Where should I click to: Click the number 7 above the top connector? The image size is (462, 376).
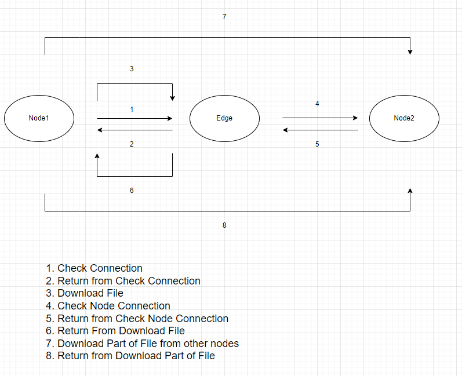pyautogui.click(x=224, y=16)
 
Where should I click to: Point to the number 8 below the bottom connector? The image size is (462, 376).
pyautogui.click(x=224, y=225)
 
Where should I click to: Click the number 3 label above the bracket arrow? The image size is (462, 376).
pyautogui.click(x=132, y=68)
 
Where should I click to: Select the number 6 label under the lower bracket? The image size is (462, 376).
pyautogui.click(x=132, y=191)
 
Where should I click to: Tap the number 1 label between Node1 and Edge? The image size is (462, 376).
pyautogui.click(x=132, y=109)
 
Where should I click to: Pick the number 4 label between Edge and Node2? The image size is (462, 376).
pyautogui.click(x=317, y=103)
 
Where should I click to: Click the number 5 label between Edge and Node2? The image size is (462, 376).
pyautogui.click(x=317, y=144)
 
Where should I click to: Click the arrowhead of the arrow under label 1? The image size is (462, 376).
pyautogui.click(x=170, y=118)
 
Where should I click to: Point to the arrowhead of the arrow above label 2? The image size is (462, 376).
pyautogui.click(x=100, y=130)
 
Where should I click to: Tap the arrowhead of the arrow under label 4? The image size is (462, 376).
pyautogui.click(x=356, y=118)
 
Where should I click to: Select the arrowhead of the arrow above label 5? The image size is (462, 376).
pyautogui.click(x=285, y=130)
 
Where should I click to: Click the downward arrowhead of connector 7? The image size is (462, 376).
pyautogui.click(x=410, y=52)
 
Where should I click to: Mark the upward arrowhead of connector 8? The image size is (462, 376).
pyautogui.click(x=410, y=191)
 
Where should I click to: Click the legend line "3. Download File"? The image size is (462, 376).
pyautogui.click(x=85, y=293)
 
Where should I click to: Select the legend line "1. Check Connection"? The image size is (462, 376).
pyautogui.click(x=94, y=268)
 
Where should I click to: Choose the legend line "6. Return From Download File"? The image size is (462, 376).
pyautogui.click(x=115, y=331)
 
